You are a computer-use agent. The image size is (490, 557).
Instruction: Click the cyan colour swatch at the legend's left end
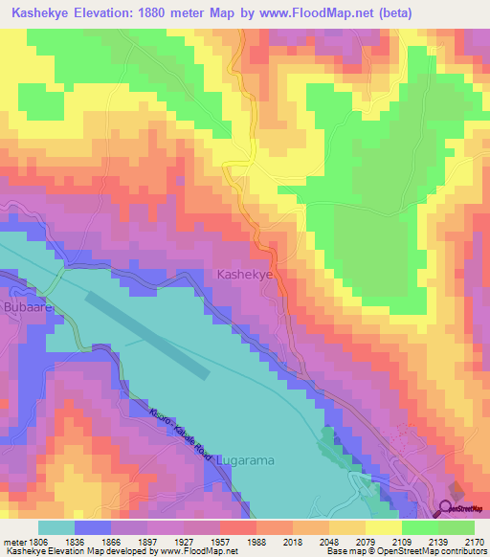(56, 526)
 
